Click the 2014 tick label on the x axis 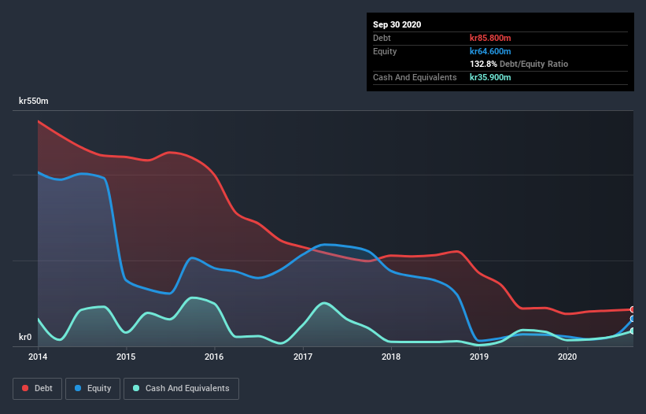(38, 357)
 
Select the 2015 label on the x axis (126, 357)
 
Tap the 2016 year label (214, 357)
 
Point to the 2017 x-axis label (303, 357)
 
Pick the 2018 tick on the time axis (391, 357)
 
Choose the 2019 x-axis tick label (479, 357)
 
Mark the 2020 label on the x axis (567, 357)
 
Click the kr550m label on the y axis (34, 101)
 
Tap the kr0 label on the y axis (25, 338)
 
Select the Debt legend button (38, 388)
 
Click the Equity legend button (93, 388)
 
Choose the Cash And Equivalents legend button (181, 388)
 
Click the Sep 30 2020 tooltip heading (397, 24)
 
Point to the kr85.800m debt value (490, 38)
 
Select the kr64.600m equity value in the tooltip (490, 51)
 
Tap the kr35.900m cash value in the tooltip (490, 77)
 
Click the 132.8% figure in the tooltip (483, 64)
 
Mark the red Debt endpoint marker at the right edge (633, 309)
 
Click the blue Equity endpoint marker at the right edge (633, 319)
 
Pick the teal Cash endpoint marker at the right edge (633, 331)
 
